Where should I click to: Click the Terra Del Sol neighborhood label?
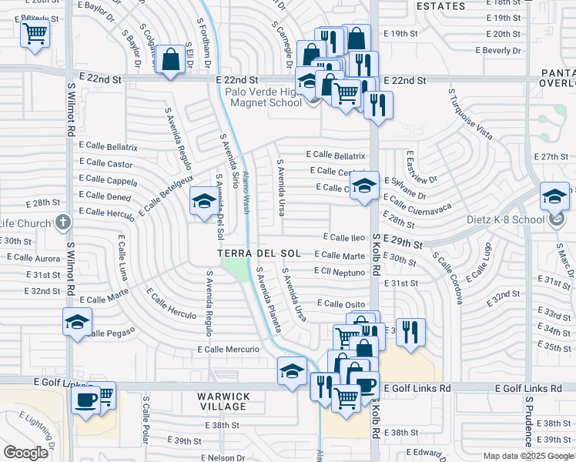[x=259, y=253]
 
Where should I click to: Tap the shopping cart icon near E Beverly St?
[x=35, y=33]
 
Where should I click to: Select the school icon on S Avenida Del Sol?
[x=203, y=202]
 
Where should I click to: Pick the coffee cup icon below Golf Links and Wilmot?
[x=85, y=400]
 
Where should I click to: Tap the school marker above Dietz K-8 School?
[x=554, y=196]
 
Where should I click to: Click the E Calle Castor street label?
[x=105, y=163]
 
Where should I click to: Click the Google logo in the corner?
[x=26, y=452]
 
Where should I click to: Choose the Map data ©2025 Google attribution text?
[x=527, y=456]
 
